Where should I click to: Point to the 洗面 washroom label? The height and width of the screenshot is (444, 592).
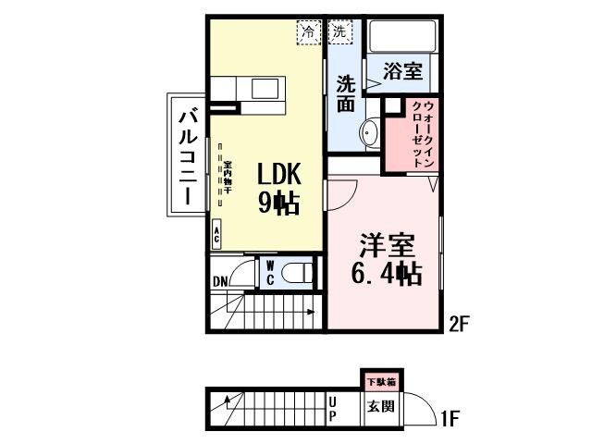(345, 92)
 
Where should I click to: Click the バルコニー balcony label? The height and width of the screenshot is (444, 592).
(187, 156)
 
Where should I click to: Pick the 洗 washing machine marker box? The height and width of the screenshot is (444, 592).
(339, 31)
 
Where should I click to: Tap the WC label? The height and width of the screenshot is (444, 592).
(269, 274)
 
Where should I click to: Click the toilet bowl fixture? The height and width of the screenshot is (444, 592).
(298, 273)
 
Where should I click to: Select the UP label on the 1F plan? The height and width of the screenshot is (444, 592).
(333, 408)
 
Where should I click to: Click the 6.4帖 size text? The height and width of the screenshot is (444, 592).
(385, 274)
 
